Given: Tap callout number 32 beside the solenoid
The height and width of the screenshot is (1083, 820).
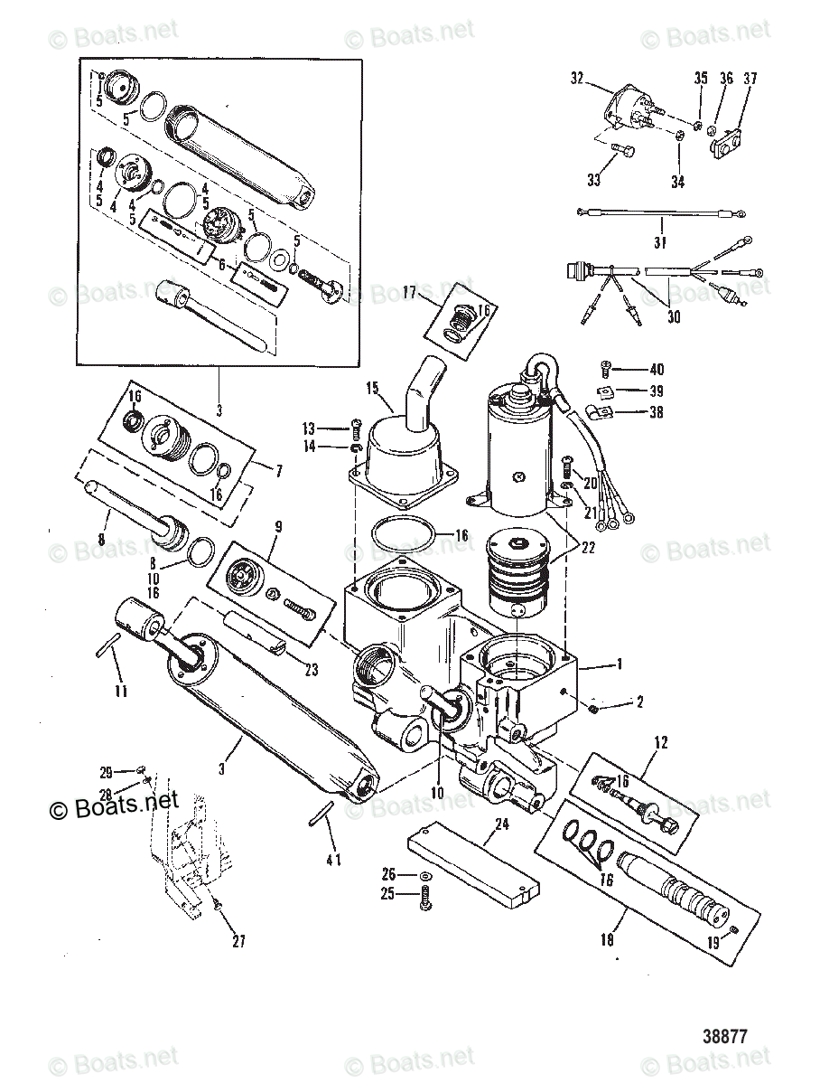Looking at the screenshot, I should (578, 79).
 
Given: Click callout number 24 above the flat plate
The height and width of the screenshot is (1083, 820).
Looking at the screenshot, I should (502, 824).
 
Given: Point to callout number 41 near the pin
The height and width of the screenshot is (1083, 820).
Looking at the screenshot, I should (333, 859).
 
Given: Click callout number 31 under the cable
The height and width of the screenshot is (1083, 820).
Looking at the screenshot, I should (660, 242).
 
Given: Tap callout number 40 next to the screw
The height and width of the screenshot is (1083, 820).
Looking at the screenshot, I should (656, 369).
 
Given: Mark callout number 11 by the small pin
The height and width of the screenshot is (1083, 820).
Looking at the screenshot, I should (121, 692).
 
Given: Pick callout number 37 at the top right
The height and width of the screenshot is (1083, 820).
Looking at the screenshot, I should (750, 79).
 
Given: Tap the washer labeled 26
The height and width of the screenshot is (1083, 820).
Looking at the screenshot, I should (425, 876).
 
